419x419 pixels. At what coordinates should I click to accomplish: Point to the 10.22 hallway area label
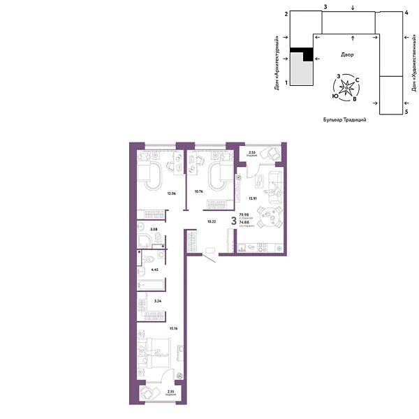(211, 221)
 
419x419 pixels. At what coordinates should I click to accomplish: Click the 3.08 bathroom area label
(156, 228)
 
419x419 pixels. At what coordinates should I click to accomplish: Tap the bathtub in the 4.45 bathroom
(151, 284)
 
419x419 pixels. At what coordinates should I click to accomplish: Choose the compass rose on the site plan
(347, 88)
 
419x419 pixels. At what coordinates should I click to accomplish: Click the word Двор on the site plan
(348, 54)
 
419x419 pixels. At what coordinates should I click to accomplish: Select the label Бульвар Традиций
(345, 120)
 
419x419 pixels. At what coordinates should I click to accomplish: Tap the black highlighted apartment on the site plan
(301, 57)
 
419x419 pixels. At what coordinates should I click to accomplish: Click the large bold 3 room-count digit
(233, 220)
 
